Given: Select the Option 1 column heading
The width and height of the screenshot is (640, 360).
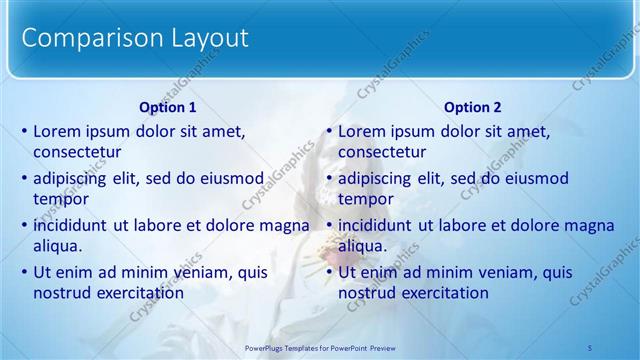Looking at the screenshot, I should [x=167, y=107].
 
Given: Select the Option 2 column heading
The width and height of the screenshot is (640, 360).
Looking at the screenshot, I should [x=472, y=107].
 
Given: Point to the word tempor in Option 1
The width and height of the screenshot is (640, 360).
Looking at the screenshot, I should [x=60, y=200].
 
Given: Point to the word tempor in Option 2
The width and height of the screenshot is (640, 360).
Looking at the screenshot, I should [x=365, y=200].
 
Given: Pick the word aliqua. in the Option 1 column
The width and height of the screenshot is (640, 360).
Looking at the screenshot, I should [x=58, y=247].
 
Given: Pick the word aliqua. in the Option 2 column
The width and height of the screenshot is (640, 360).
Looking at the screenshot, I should [x=363, y=247].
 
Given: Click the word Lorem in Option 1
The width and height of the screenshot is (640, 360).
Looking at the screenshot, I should [x=57, y=131].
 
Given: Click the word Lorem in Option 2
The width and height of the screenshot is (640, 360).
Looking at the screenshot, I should [x=362, y=131].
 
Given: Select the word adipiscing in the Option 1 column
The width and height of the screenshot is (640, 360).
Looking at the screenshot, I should [x=73, y=178].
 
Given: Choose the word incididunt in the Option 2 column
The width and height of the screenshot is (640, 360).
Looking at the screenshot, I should [x=379, y=225].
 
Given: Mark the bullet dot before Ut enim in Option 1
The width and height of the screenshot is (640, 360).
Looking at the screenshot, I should [x=25, y=272].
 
